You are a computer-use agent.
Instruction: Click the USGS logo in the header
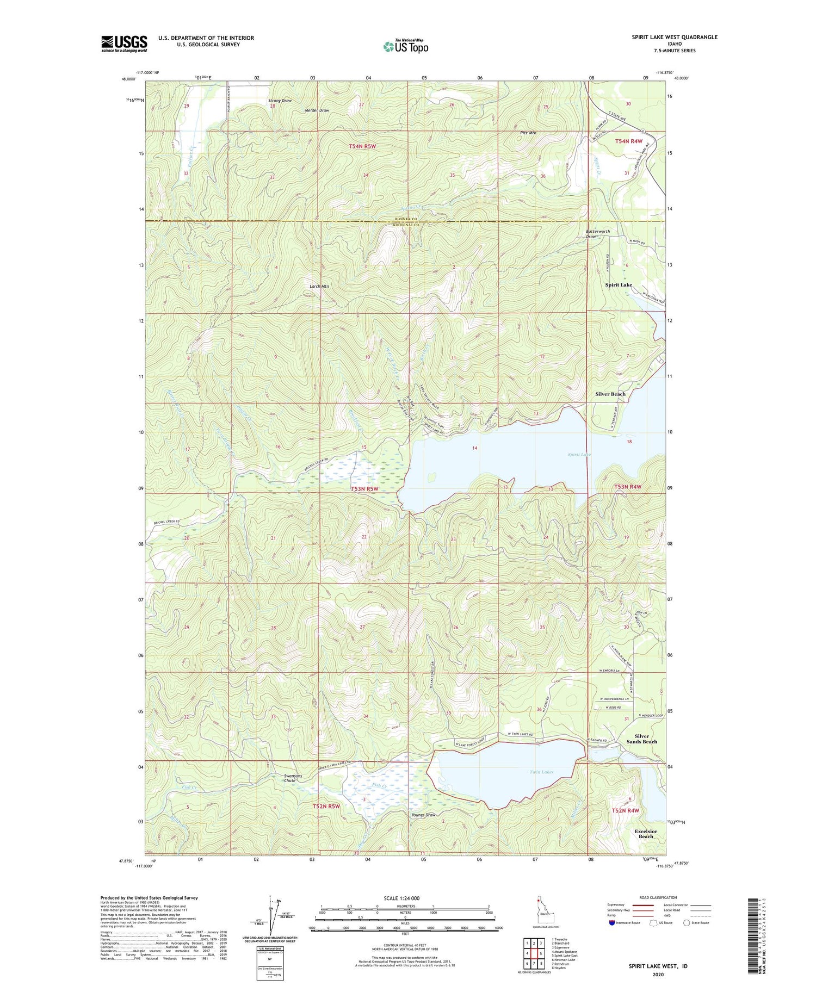[124, 44]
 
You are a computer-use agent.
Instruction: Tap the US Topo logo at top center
[406, 47]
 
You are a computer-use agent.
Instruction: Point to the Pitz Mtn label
[529, 133]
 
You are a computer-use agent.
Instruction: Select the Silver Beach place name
[610, 394]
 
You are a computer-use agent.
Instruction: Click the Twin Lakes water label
[541, 772]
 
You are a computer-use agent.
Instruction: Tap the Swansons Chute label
[289, 778]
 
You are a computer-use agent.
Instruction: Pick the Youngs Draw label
[424, 815]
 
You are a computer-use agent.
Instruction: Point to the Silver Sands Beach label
[642, 739]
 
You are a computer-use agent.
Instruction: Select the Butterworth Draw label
[598, 234]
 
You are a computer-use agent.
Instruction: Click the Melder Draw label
[317, 110]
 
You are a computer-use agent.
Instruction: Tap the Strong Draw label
[280, 101]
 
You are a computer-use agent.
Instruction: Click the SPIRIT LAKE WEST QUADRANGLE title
[675, 37]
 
